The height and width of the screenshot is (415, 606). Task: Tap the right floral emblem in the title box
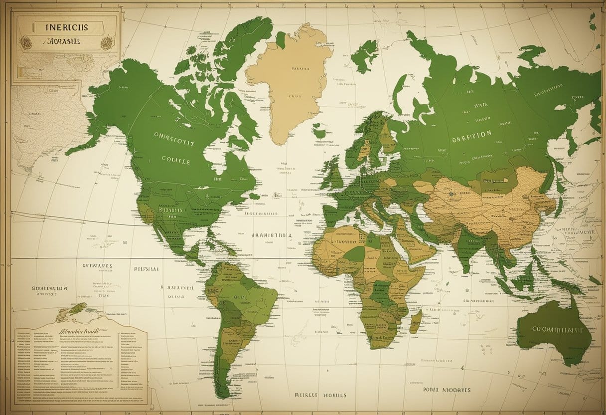pyautogui.click(x=106, y=42)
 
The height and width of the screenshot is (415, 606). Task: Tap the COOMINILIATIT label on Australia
pyautogui.click(x=558, y=329)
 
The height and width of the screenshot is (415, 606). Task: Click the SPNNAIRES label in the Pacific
pyautogui.click(x=95, y=266)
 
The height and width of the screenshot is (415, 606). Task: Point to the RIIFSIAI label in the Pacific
pyautogui.click(x=146, y=268)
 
